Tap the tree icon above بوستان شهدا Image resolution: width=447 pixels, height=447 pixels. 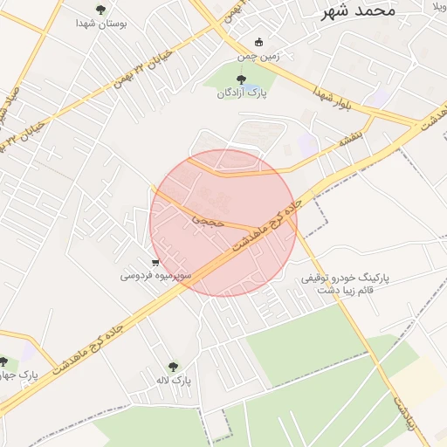click(100, 10)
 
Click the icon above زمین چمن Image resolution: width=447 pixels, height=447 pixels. click(258, 42)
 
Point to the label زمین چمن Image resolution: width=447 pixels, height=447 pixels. click(258, 56)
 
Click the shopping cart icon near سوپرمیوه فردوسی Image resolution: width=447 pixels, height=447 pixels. click(155, 262)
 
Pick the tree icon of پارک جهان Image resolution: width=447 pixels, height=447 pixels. click(3, 361)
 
